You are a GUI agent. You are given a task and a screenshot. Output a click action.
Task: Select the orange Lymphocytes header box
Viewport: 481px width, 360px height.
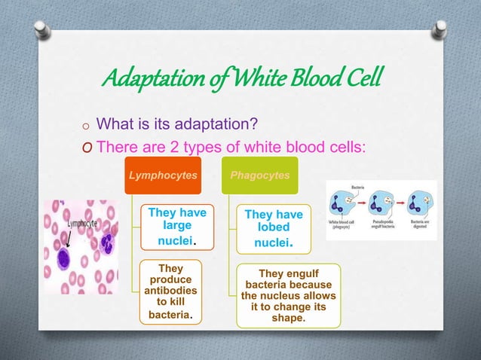[x=164, y=175]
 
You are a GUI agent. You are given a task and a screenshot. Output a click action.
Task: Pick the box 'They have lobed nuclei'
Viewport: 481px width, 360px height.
[x=273, y=229]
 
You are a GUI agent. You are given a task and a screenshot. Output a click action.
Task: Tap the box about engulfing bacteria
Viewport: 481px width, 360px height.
[x=289, y=296]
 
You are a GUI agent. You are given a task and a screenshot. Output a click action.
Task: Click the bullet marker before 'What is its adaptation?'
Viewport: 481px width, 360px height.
[x=87, y=125]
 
